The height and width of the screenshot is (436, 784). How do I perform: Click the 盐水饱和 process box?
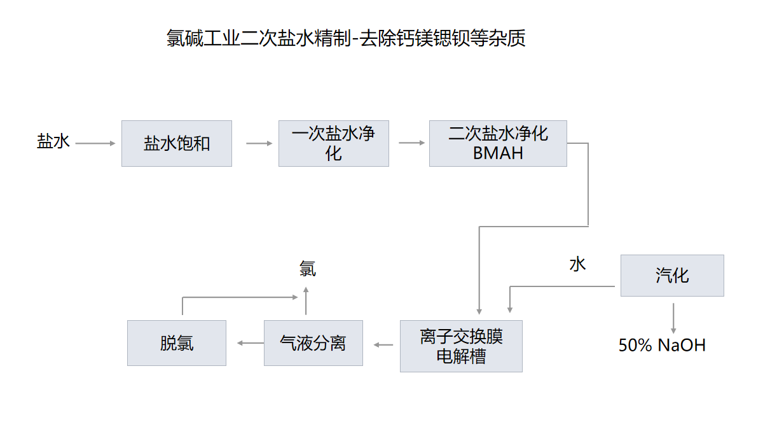(x=177, y=143)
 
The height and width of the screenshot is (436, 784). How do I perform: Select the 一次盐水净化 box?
(x=333, y=143)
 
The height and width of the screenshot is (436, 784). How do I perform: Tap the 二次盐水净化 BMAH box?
(x=498, y=143)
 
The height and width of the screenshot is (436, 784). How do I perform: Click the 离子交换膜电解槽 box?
(x=461, y=346)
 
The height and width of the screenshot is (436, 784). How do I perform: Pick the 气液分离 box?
(x=313, y=343)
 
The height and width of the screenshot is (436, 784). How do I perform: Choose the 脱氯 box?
(x=177, y=343)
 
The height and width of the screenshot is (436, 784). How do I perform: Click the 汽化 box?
(x=672, y=276)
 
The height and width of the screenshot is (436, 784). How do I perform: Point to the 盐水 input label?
(x=53, y=141)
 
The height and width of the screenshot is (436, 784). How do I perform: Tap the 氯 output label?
(x=307, y=269)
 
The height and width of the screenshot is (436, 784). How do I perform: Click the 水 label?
(x=577, y=264)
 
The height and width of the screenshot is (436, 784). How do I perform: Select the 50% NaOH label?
(x=662, y=346)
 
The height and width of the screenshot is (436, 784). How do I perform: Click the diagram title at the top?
(x=346, y=39)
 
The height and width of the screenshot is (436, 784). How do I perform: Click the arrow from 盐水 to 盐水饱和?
(x=95, y=143)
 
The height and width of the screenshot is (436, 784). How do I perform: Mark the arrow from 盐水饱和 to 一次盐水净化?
(x=259, y=143)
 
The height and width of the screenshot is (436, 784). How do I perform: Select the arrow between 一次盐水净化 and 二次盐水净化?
(x=412, y=143)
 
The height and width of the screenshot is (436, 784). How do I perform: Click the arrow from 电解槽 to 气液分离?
(x=384, y=344)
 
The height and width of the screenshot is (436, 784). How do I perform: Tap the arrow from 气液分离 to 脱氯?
(x=250, y=343)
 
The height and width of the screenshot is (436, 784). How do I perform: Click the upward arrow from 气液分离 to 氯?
(x=306, y=301)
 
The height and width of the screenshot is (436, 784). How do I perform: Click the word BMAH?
(x=498, y=153)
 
